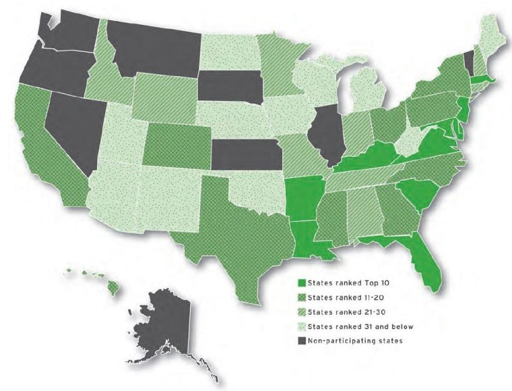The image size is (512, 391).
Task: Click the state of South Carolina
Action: click(x=418, y=192)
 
